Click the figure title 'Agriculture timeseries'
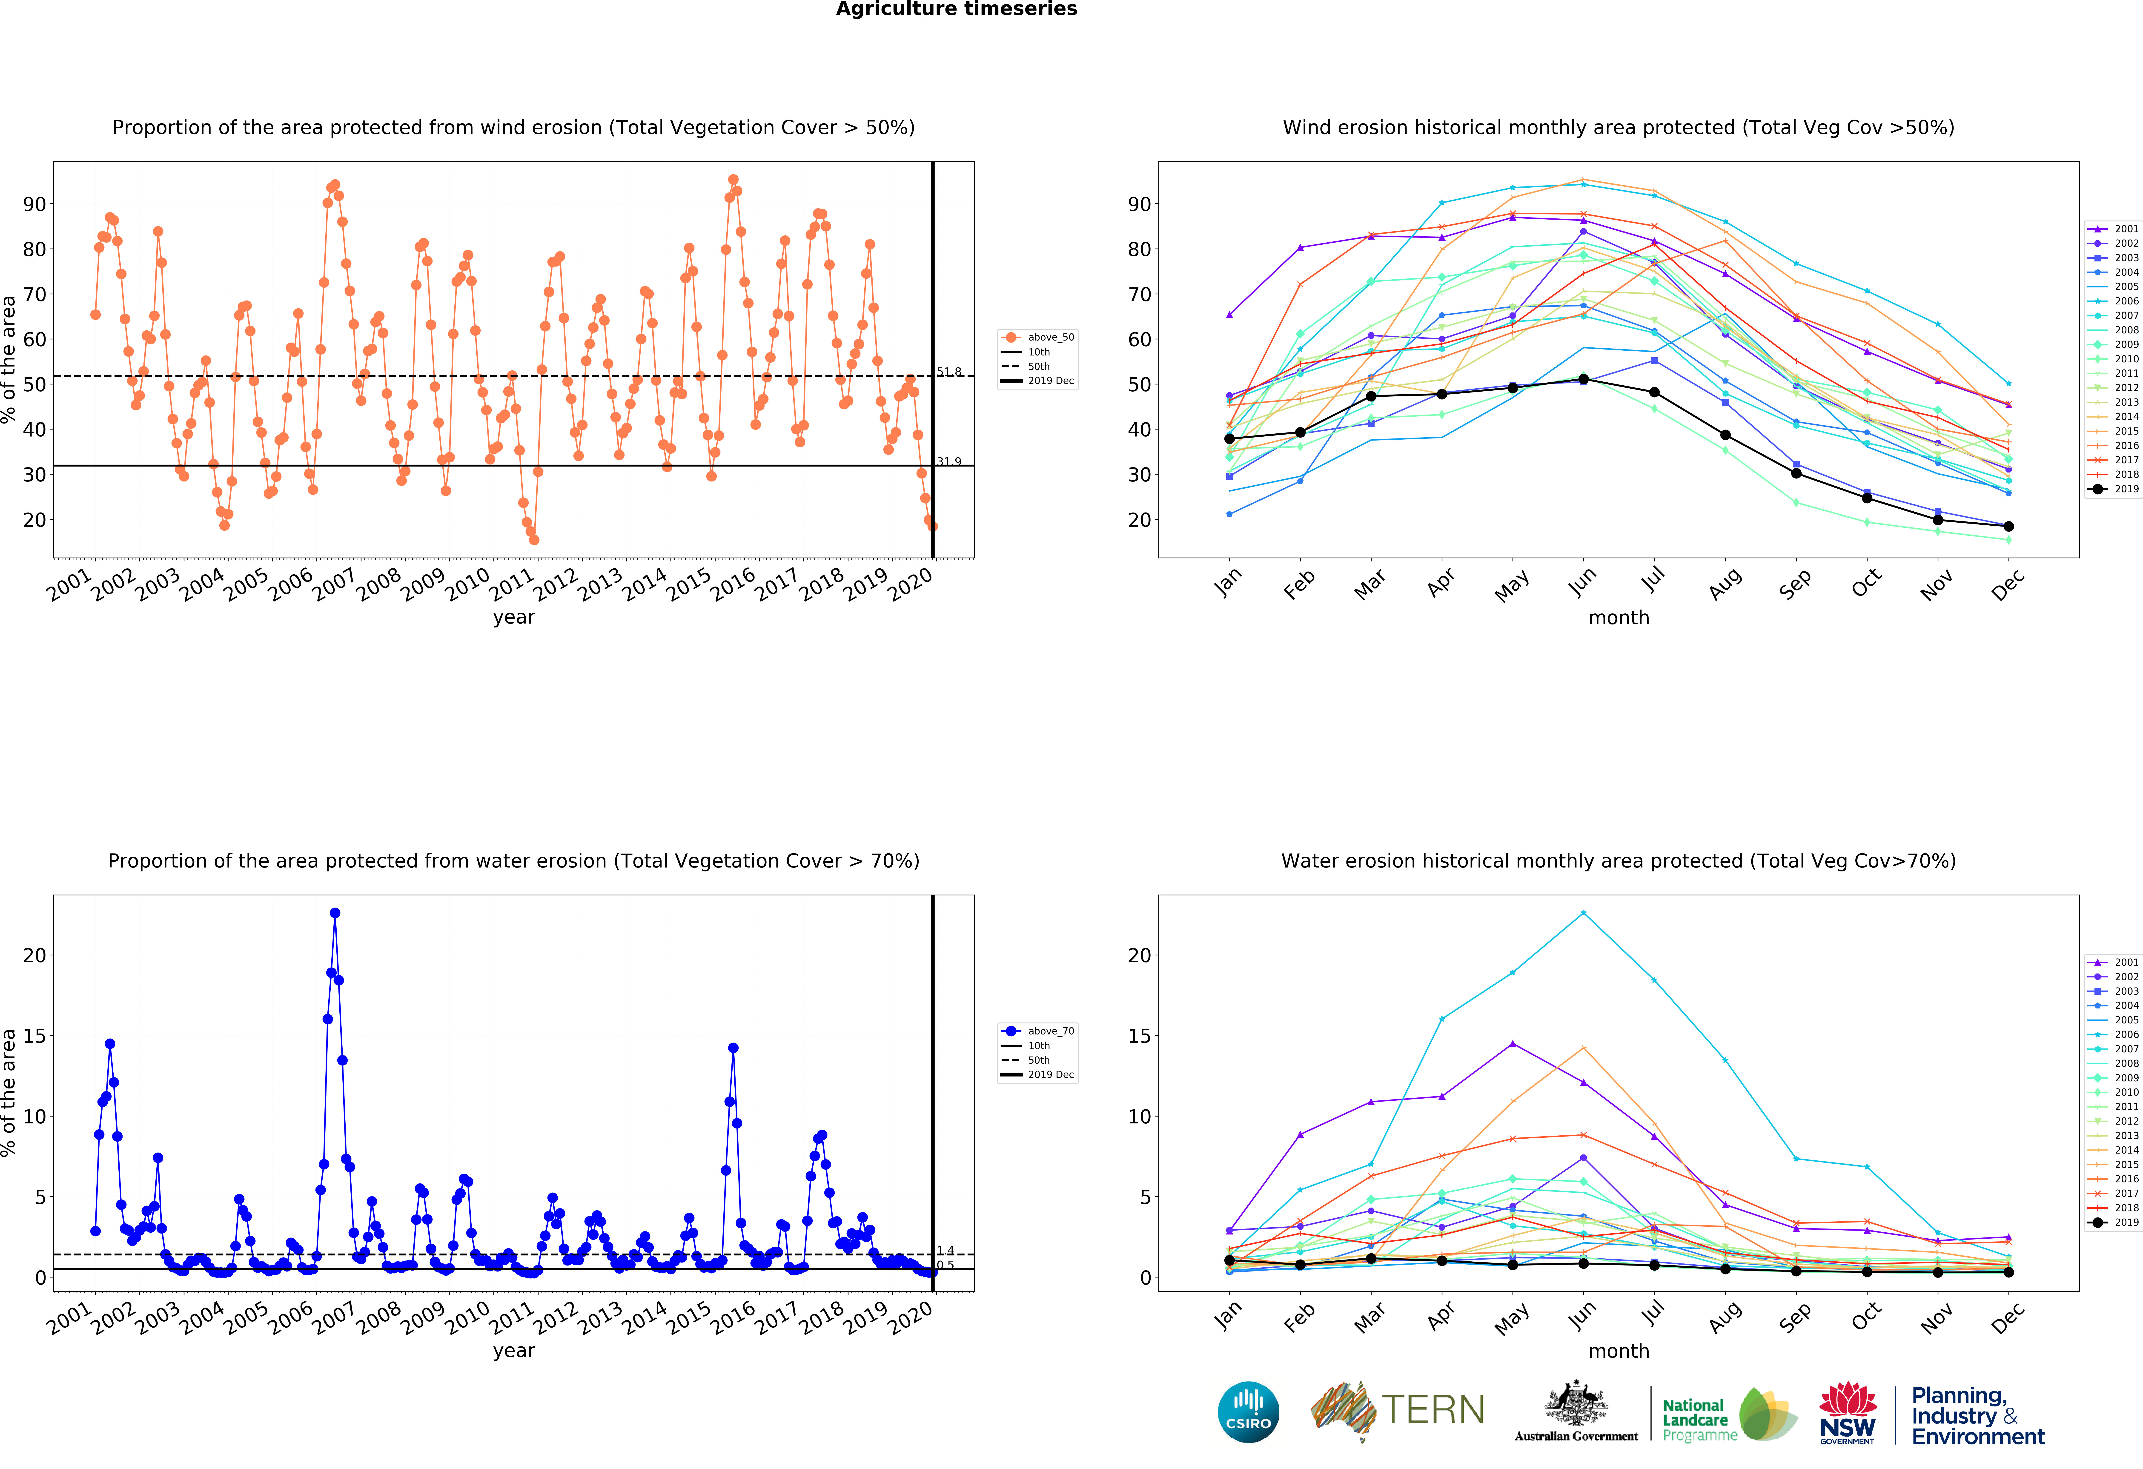pyautogui.click(x=956, y=9)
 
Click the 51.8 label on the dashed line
pyautogui.click(x=949, y=372)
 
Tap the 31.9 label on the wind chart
pyautogui.click(x=949, y=461)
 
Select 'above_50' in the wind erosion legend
pyautogui.click(x=1050, y=338)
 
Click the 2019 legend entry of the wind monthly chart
pyautogui.click(x=2126, y=489)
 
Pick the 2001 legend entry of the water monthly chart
pyautogui.click(x=2126, y=962)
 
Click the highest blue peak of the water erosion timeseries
pyautogui.click(x=335, y=913)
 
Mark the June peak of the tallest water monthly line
pyautogui.click(x=1583, y=913)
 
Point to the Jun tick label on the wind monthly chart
pyautogui.click(x=1582, y=581)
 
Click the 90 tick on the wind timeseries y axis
pyautogui.click(x=34, y=204)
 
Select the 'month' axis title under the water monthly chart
pyautogui.click(x=1618, y=1351)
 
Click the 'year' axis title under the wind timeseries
pyautogui.click(x=514, y=617)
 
